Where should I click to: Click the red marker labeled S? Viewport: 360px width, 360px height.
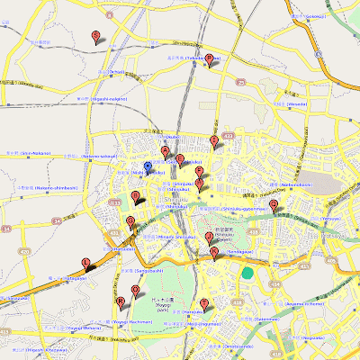pyautogui.click(x=96, y=36)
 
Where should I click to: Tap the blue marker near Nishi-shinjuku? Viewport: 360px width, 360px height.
pyautogui.click(x=148, y=167)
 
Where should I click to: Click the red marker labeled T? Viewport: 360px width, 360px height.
pyautogui.click(x=204, y=304)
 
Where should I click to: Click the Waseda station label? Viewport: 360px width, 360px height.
pyautogui.click(x=296, y=103)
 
